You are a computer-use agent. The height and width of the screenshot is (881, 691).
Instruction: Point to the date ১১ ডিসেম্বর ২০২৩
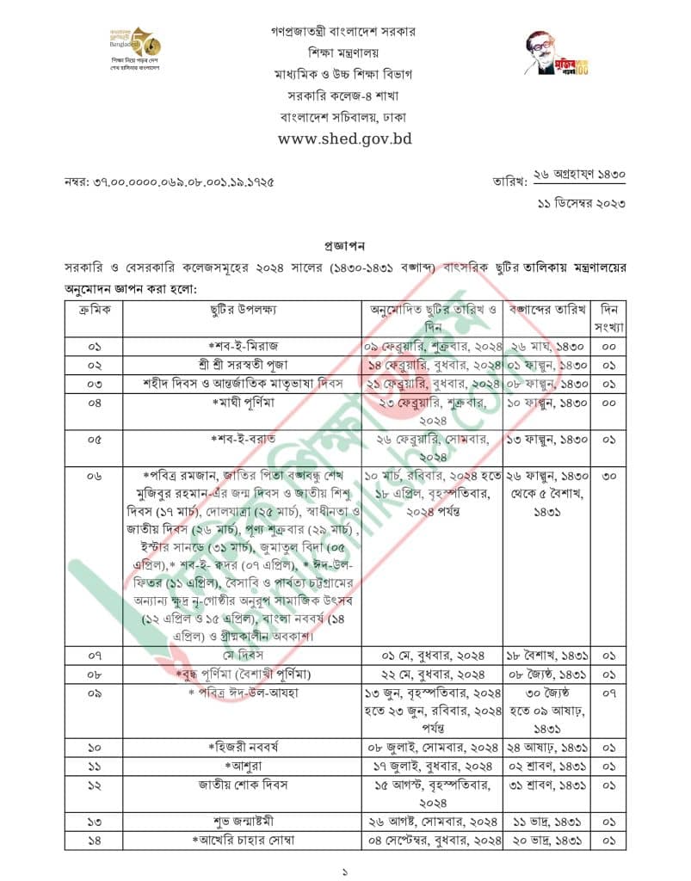pyautogui.click(x=584, y=202)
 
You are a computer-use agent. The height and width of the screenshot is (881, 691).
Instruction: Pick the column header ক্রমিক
pyautogui.click(x=94, y=309)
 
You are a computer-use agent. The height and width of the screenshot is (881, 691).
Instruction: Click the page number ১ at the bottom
pyautogui.click(x=345, y=871)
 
